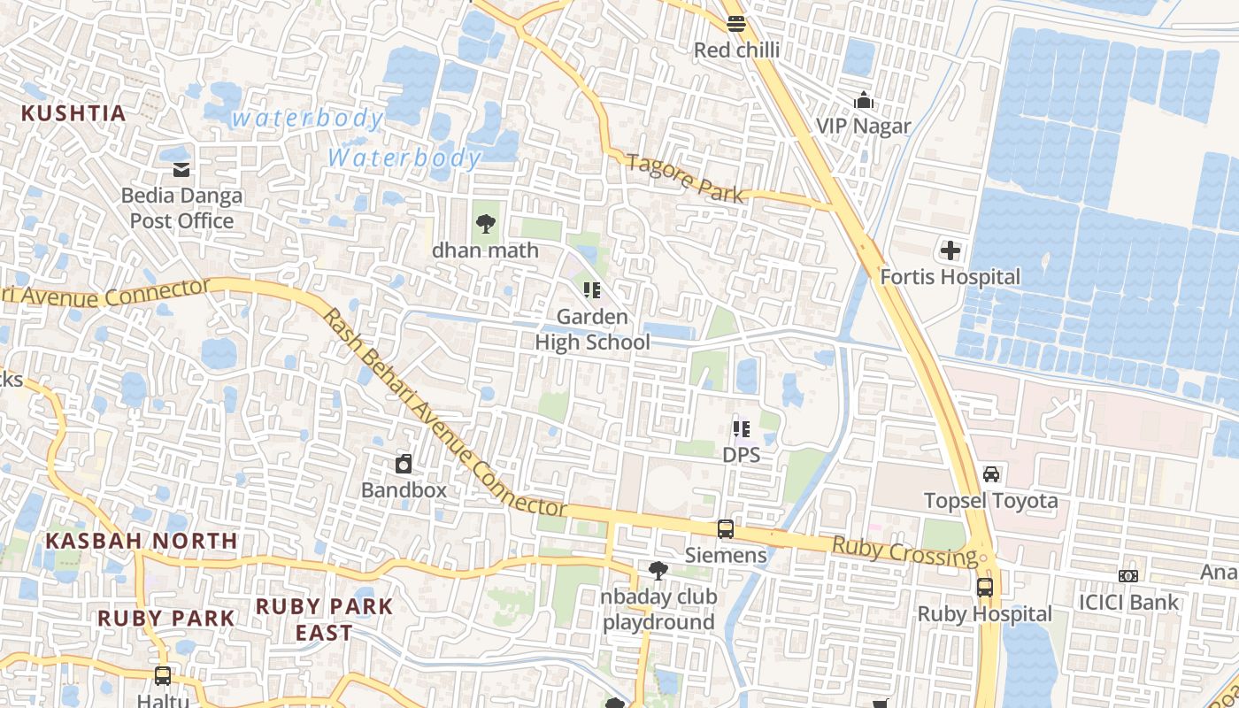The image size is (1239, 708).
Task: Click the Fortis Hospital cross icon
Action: click(x=950, y=250)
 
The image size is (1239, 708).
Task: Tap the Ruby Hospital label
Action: click(x=984, y=614)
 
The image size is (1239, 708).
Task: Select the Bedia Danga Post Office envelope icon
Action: click(x=181, y=169)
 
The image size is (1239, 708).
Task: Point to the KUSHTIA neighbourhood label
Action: click(x=73, y=113)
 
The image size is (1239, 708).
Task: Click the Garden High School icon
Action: click(x=592, y=290)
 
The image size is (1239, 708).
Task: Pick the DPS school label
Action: click(x=741, y=455)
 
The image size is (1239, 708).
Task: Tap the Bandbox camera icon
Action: click(x=404, y=464)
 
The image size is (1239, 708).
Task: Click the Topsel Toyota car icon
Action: click(x=991, y=474)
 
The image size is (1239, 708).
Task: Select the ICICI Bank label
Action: click(x=1128, y=603)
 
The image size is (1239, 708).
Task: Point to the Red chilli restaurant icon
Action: click(x=736, y=24)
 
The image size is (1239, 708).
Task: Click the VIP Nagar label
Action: click(x=863, y=126)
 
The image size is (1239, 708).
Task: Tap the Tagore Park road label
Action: click(x=685, y=177)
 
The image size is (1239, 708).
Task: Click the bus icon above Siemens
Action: click(x=726, y=529)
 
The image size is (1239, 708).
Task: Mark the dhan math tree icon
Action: click(x=485, y=224)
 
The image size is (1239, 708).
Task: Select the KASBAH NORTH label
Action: click(x=142, y=540)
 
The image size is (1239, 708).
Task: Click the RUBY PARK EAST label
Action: click(x=324, y=619)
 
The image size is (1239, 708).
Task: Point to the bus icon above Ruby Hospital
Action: click(x=984, y=587)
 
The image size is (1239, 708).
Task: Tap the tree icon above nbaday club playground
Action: click(x=658, y=571)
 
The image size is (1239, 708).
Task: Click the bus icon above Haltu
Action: click(x=163, y=676)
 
